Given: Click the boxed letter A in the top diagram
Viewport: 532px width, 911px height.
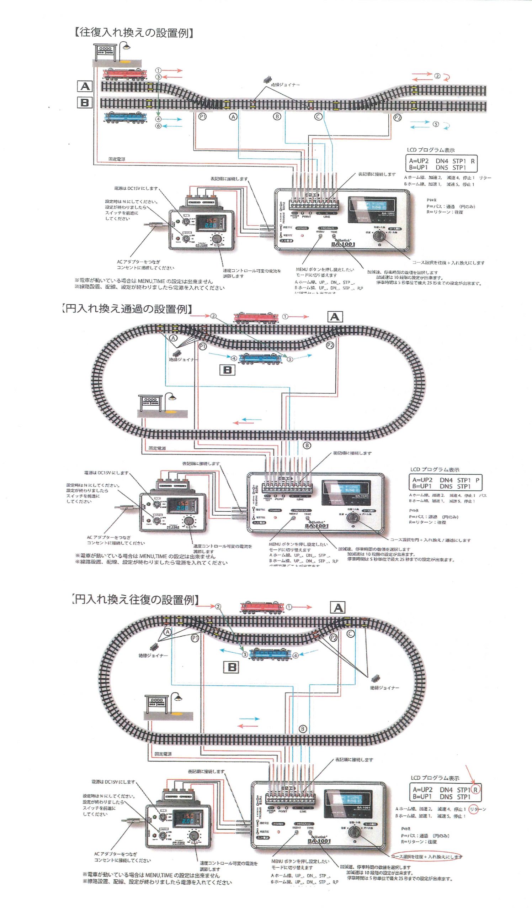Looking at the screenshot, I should click(x=85, y=86).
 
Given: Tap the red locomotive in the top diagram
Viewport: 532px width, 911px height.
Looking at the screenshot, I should click(x=124, y=74).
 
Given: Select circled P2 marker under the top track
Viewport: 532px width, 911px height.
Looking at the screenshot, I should click(x=397, y=117).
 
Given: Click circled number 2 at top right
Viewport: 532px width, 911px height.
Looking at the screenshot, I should click(x=437, y=76).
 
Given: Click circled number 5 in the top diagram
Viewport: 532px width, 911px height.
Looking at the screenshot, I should click(x=436, y=124).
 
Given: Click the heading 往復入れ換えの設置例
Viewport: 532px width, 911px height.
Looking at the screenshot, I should click(x=134, y=33).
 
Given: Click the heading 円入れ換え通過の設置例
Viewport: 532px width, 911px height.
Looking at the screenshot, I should click(x=126, y=309).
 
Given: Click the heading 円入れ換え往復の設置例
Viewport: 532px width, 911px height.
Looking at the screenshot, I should click(x=135, y=600).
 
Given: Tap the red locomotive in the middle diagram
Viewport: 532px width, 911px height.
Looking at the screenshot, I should click(x=256, y=317).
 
